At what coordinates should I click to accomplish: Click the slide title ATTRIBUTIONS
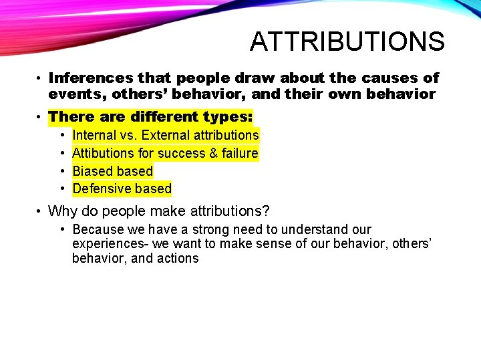click(347, 41)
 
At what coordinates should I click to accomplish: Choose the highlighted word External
click(165, 135)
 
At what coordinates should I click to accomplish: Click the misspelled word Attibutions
click(104, 153)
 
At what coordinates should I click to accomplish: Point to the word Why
click(62, 212)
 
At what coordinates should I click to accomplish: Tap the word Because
click(98, 230)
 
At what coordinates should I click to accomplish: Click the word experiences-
click(110, 244)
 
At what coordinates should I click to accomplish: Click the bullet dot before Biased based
click(61, 171)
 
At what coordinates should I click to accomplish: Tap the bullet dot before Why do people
click(40, 212)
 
